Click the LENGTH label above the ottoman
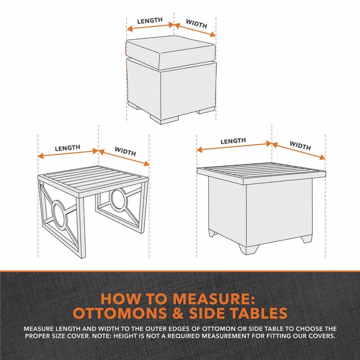click(150, 20)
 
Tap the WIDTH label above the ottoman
click(197, 24)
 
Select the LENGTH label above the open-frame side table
click(67, 148)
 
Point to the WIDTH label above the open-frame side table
click(126, 151)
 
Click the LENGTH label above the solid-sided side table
click(233, 141)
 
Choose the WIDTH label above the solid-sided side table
click(300, 145)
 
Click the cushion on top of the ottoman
click(171, 52)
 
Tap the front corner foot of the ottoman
click(164, 120)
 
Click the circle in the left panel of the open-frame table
click(60, 214)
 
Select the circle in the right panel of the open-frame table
click(118, 199)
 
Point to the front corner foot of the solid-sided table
click(249, 249)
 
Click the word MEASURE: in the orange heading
click(214, 299)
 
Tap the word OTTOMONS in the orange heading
click(120, 313)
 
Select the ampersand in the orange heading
click(178, 313)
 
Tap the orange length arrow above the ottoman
click(150, 27)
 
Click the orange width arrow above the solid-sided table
click(298, 151)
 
